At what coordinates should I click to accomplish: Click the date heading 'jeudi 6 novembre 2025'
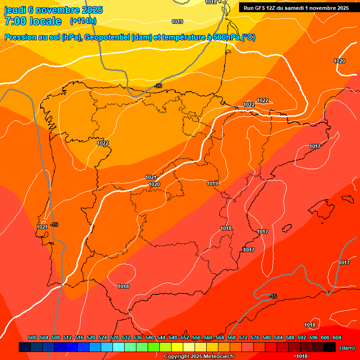[53, 10]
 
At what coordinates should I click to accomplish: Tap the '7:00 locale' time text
[33, 21]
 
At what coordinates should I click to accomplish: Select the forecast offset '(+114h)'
[83, 21]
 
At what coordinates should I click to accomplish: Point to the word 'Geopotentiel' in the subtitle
[108, 37]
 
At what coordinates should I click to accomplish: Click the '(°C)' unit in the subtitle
[248, 37]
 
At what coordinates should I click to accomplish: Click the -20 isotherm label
[158, 86]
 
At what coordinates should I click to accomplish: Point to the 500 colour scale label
[32, 337]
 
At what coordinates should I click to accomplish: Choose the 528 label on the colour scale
[114, 337]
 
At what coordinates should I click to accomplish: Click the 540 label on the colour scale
[150, 337]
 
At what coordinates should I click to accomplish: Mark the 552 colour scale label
[185, 337]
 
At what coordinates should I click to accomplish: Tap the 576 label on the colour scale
[255, 337]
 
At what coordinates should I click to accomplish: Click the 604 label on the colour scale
[337, 337]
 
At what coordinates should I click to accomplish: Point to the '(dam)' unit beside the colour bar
[347, 348]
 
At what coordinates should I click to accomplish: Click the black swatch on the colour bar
[330, 347]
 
